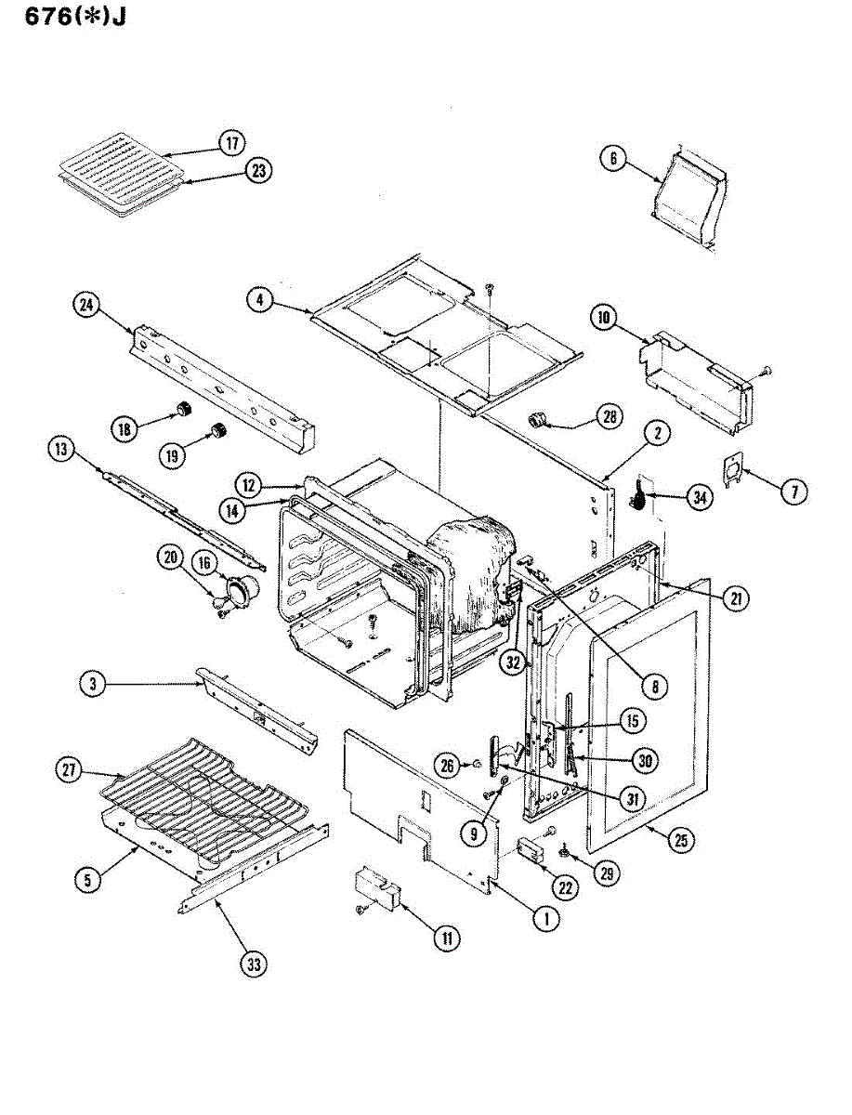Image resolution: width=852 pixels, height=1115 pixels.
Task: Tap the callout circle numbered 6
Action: pos(612,159)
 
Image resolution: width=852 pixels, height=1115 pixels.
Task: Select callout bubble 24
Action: pos(87,305)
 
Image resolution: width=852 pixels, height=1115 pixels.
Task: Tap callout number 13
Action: pos(62,450)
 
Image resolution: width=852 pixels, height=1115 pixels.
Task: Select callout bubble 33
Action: pos(254,964)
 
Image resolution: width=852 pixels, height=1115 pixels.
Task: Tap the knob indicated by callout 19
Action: pos(220,430)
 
